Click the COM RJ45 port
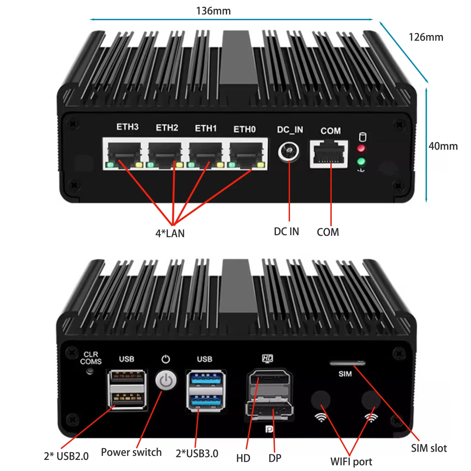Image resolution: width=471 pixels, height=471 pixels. [329, 154]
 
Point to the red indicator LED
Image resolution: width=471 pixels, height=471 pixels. [361, 148]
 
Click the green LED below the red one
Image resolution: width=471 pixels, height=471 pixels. [361, 162]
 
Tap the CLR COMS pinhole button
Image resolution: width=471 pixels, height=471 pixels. [89, 372]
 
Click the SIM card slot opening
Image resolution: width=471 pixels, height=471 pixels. [347, 363]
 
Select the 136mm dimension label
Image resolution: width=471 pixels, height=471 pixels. [213, 11]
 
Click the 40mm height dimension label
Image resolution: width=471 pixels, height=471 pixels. [443, 146]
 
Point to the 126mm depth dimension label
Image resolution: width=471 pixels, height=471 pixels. [426, 37]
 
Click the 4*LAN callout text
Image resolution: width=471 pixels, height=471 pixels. [170, 233]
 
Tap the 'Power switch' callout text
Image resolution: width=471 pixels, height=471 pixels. [131, 452]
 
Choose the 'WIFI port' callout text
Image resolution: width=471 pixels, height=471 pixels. [351, 462]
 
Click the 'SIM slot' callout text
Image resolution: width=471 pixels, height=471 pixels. [429, 448]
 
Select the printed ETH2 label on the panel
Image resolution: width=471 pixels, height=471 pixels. [167, 128]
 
